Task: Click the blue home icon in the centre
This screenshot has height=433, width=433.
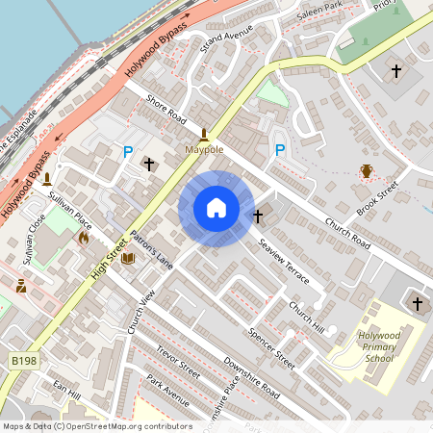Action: coord(216,207)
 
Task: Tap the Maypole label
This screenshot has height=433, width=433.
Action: coord(204,151)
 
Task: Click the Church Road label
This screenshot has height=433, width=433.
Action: coord(347,233)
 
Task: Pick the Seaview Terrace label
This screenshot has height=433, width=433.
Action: coord(284,261)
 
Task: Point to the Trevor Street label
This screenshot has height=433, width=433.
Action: coord(178,362)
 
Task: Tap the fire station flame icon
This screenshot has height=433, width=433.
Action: coord(84,236)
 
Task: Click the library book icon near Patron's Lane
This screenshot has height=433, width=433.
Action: coord(128,257)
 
